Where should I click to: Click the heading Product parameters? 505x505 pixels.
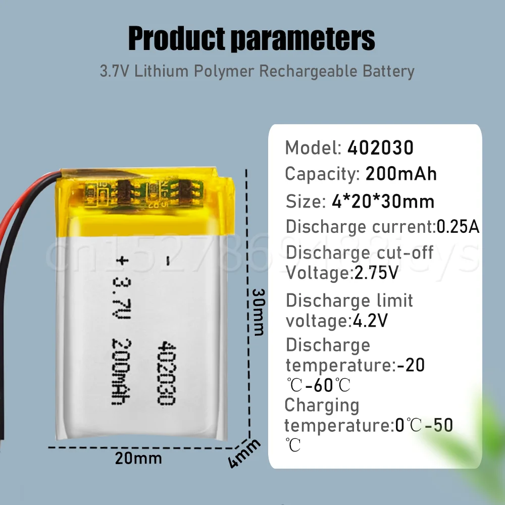coord(251,38)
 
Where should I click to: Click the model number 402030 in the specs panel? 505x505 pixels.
coord(380,148)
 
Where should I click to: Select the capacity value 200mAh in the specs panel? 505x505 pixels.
coord(400,174)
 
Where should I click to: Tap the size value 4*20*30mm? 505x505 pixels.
coord(382,201)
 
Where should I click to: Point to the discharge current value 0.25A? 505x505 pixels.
coord(458,227)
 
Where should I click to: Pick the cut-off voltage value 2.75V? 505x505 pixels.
coord(375,274)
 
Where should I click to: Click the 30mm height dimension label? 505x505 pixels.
coord(258,312)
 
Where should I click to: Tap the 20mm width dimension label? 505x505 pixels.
coord(138,459)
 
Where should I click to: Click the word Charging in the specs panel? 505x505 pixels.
coord(322,406)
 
